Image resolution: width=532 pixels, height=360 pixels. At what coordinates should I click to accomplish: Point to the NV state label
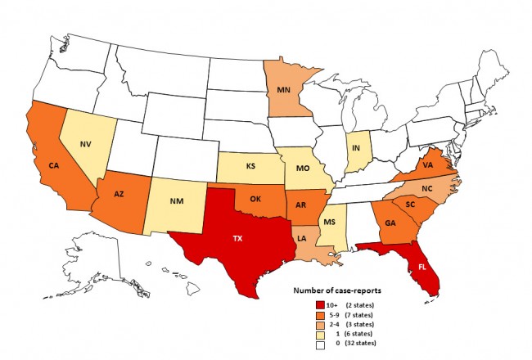(x=84, y=145)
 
